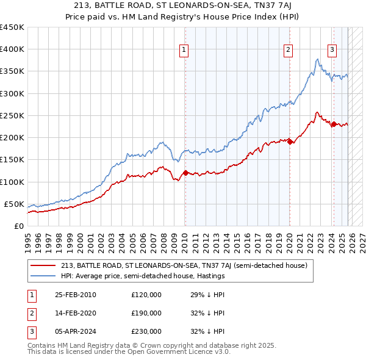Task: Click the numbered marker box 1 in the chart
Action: coord(184,51)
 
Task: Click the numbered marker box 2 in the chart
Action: coord(288,51)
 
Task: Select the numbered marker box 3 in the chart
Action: coord(332,51)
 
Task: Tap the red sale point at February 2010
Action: coord(185,173)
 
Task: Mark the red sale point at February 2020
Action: coord(290,142)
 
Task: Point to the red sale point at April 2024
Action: coord(334,124)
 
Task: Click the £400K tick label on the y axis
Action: coord(12,49)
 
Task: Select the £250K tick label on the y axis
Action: coord(12,115)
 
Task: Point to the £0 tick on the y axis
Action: coord(18,226)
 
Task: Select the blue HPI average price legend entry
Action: coord(143,276)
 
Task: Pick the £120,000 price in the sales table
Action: coord(146,295)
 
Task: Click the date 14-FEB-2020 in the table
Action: coord(76,313)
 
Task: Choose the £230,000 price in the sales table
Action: coord(146,331)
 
